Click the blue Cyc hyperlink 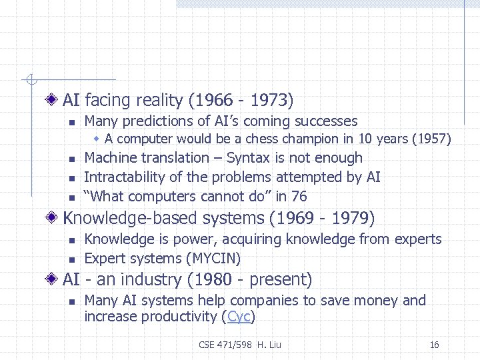point(239,317)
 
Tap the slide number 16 point(435,345)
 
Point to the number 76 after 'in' point(299,196)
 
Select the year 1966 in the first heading point(211,101)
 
